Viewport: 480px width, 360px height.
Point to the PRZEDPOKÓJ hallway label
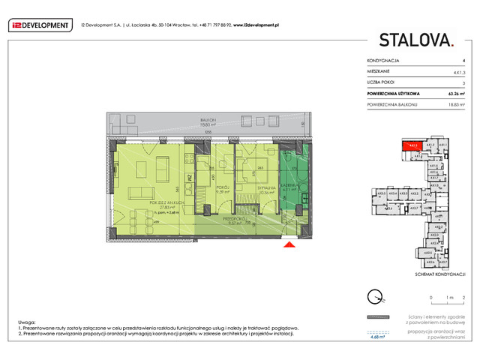(237, 218)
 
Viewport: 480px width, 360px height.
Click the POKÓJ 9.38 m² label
(222, 189)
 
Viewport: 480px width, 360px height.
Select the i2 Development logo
(39, 25)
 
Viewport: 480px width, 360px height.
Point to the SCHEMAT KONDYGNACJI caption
(436, 275)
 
